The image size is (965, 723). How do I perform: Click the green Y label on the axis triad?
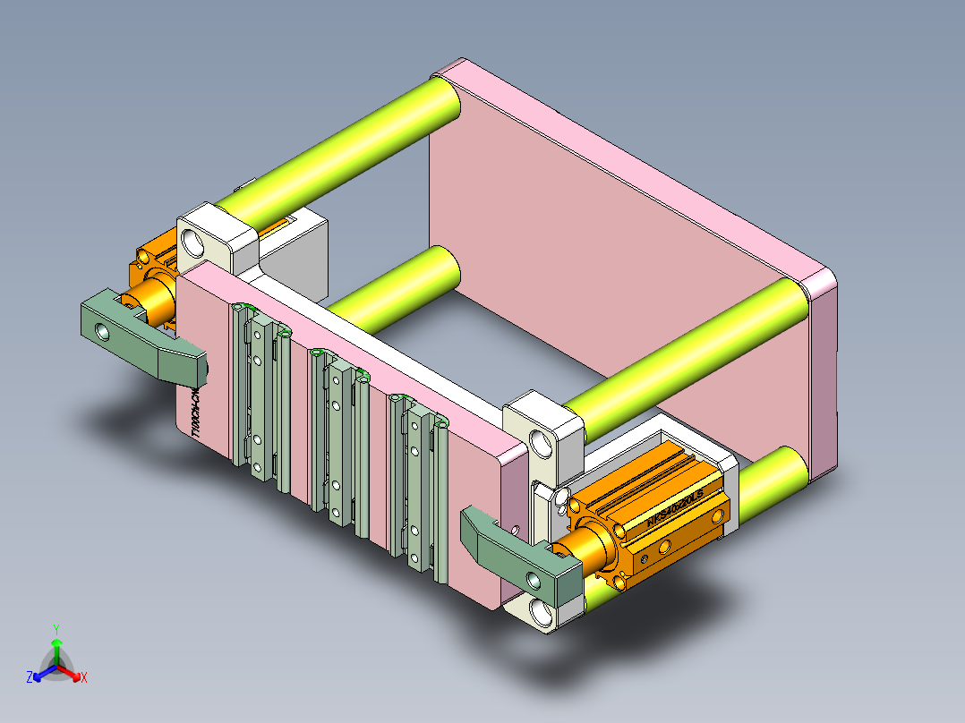[56, 629]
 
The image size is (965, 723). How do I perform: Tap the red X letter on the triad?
[84, 678]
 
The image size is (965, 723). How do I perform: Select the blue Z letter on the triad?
[30, 678]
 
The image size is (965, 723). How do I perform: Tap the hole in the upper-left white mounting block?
[192, 241]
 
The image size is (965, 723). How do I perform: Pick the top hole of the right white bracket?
[540, 442]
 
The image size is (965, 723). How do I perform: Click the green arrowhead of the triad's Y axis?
[56, 642]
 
